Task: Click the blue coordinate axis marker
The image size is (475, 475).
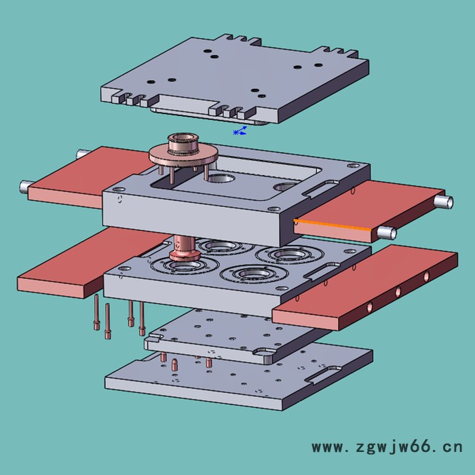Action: pyautogui.click(x=240, y=131)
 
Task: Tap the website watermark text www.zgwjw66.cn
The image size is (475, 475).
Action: pyautogui.click(x=387, y=447)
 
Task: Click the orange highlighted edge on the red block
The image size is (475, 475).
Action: pyautogui.click(x=332, y=224)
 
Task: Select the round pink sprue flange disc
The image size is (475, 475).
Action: pyautogui.click(x=183, y=156)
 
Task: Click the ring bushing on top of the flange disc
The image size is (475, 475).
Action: pyautogui.click(x=183, y=142)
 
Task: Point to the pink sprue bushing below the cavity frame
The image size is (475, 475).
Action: pyautogui.click(x=184, y=249)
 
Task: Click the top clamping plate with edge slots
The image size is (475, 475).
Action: pyautogui.click(x=235, y=79)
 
